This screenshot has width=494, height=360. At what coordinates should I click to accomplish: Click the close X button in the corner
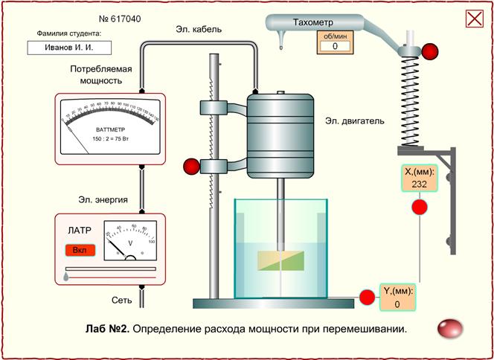(x=474, y=19)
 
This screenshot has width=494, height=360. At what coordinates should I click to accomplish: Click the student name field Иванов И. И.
(x=69, y=47)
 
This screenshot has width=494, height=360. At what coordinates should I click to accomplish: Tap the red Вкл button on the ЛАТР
(x=80, y=250)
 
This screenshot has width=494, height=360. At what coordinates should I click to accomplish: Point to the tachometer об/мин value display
(x=335, y=46)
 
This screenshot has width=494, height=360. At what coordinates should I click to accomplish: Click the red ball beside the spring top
(x=430, y=51)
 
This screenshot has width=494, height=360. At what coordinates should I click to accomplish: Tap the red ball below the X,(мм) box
(x=420, y=207)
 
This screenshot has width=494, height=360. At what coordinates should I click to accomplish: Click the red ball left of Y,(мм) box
(x=367, y=298)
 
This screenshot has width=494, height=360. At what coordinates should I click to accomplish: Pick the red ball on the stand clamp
(x=191, y=165)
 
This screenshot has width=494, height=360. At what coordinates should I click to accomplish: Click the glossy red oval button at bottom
(x=450, y=328)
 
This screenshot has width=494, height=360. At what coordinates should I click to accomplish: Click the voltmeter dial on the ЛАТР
(x=129, y=240)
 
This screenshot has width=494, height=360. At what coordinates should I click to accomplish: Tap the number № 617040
(x=121, y=18)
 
